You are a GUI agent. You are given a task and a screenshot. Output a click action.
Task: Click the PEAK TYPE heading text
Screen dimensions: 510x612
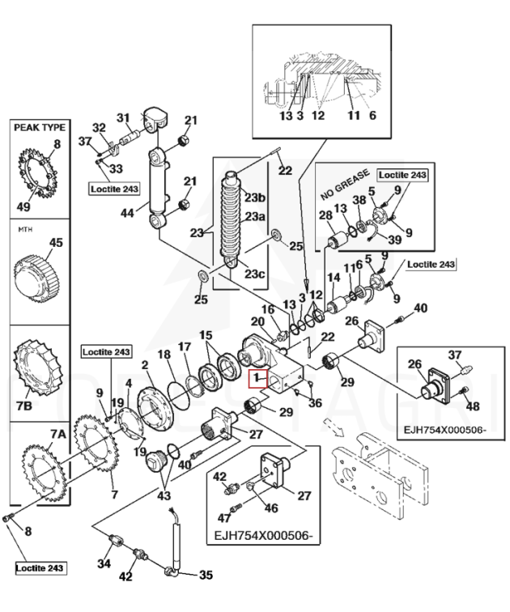[40, 128]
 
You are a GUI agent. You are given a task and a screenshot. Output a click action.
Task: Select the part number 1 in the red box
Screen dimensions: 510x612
[257, 378]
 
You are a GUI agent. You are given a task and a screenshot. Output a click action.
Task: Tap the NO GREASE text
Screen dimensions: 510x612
[345, 185]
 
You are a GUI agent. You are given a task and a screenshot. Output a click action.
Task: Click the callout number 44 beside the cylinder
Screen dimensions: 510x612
[127, 213]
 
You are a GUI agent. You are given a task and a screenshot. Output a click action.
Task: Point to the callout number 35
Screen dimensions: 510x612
[206, 575]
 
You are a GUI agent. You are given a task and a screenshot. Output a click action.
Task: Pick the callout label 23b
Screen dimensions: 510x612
[254, 198]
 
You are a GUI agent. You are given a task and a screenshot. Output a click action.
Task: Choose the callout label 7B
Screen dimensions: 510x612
[24, 406]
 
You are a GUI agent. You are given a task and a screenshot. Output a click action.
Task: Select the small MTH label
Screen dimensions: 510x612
[25, 229]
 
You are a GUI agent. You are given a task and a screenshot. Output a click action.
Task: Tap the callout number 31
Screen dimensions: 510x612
[123, 117]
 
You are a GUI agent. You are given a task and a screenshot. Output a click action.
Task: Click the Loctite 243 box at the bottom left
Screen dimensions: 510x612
[40, 568]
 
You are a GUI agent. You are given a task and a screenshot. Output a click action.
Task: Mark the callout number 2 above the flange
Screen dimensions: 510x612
[145, 365]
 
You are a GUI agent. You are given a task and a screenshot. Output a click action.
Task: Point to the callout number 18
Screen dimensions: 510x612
[164, 354]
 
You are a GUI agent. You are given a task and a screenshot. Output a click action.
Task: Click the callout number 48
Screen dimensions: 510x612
[473, 406]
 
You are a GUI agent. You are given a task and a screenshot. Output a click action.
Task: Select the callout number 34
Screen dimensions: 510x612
[104, 563]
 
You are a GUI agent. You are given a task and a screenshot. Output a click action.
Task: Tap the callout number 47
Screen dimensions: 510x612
[224, 518]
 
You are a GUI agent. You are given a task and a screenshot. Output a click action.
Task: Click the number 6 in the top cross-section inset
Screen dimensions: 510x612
[372, 115]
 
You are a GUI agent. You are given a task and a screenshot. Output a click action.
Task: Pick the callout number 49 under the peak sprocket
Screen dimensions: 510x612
[23, 206]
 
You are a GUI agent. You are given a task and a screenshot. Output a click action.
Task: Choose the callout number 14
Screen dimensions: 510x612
[334, 278]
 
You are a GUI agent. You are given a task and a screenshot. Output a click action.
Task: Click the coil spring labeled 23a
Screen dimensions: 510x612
[232, 218]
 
